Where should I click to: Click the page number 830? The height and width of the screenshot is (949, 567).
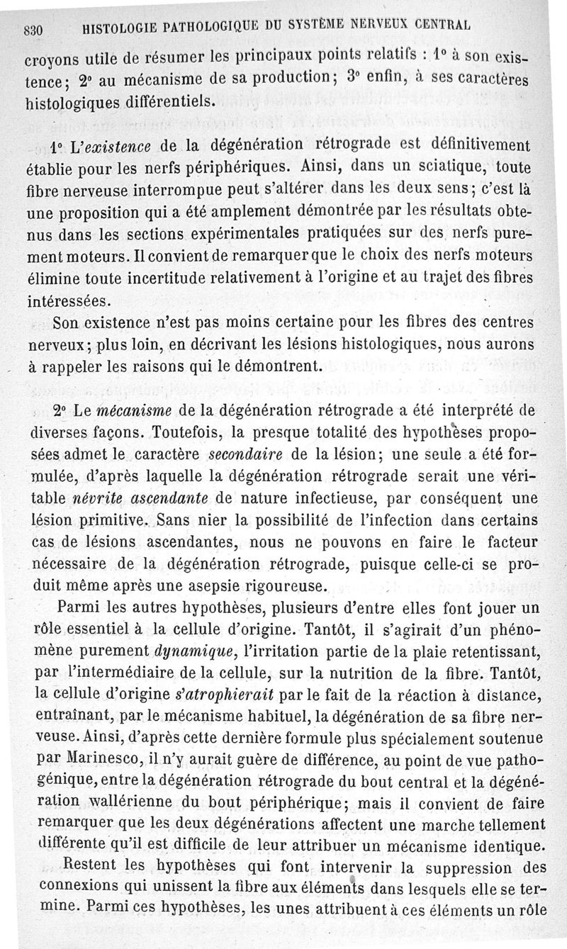(34, 30)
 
